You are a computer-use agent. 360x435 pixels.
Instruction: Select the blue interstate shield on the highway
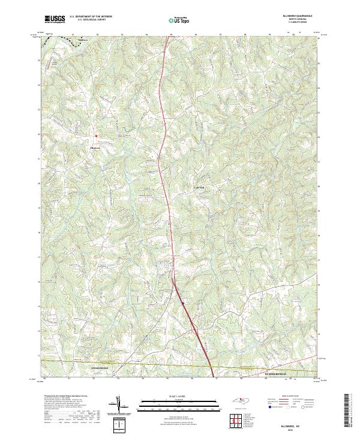point(183,304)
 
